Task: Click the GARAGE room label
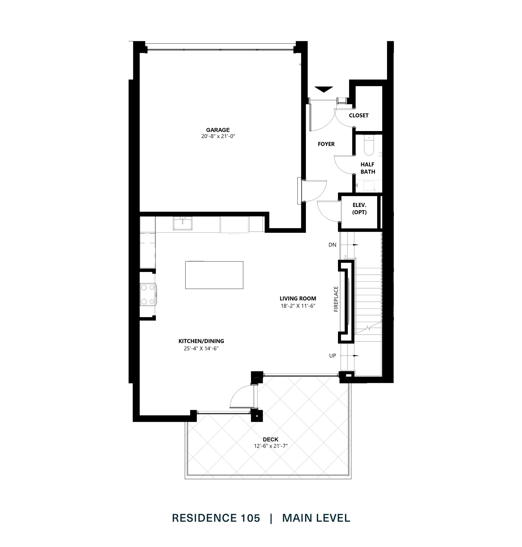218,130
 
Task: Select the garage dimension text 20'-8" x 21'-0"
218,136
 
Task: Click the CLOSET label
359,115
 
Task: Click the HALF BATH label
368,168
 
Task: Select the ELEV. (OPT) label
359,209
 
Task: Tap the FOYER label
326,144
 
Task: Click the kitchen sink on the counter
182,224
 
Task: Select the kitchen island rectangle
214,275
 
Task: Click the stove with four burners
148,294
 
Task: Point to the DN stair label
332,245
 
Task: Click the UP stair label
332,356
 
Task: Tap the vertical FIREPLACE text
336,299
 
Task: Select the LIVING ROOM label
298,298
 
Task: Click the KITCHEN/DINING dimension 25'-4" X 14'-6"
201,348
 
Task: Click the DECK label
270,439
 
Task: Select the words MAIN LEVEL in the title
316,518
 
